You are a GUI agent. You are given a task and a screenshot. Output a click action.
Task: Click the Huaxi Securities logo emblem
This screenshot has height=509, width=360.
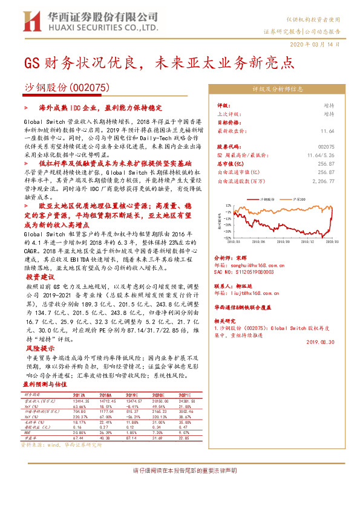point(30,19)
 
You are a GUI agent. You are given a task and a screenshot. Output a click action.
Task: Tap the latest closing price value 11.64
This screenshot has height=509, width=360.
point(327,131)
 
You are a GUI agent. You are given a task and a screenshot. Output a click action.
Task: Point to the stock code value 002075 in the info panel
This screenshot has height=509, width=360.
point(326,147)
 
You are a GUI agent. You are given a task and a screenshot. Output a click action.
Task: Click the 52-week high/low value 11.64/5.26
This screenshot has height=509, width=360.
point(321,155)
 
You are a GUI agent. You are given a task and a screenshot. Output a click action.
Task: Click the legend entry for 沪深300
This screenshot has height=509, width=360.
point(299,198)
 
